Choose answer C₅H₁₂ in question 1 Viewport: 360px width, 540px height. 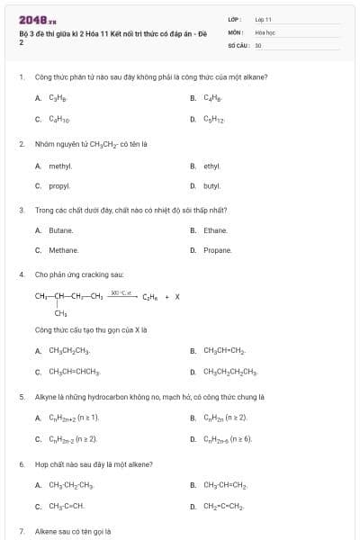(213, 118)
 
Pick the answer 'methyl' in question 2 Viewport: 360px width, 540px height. (60, 166)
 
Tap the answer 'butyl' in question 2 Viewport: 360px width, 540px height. (212, 185)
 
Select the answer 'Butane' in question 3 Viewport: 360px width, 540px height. (61, 230)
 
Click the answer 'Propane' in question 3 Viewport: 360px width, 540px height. (217, 250)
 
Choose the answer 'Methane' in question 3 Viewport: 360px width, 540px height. (64, 250)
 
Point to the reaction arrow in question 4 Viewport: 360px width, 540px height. (122, 295)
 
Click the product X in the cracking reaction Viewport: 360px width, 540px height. (177, 296)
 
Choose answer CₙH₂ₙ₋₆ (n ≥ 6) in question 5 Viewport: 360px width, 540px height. (228, 438)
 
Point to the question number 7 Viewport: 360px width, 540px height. (21, 532)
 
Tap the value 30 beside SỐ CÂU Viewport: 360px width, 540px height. (258, 44)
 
